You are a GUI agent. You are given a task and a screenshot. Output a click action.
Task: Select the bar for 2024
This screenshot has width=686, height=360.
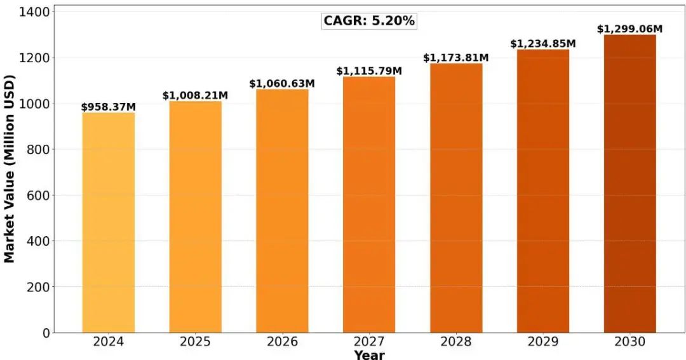109,222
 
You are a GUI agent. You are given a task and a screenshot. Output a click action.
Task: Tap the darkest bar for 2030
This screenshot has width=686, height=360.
629,183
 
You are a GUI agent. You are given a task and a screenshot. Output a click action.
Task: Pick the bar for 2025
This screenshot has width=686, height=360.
196,217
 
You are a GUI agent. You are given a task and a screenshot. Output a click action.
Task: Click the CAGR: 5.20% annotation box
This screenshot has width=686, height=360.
369,21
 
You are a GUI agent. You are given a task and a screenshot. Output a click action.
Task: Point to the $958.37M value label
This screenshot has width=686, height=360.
109,107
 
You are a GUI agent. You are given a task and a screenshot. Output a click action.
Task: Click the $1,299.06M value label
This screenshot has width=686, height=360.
629,29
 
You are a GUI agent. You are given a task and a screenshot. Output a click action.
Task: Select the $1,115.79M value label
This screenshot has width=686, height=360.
369,70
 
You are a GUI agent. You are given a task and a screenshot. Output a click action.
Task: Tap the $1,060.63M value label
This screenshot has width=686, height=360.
282,84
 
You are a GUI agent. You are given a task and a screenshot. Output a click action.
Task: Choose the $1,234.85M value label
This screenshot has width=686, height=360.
543,44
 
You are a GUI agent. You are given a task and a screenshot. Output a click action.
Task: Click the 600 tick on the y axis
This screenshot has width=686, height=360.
37,195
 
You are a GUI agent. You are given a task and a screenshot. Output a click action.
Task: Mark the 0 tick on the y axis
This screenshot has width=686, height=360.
46,333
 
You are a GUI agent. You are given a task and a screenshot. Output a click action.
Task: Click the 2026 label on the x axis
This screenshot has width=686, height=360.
282,342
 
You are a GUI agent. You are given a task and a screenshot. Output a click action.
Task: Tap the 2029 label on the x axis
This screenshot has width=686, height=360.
543,342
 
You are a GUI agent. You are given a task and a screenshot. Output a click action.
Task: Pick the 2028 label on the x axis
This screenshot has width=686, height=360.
456,342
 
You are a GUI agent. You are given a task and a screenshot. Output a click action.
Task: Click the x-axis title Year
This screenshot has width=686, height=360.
369,354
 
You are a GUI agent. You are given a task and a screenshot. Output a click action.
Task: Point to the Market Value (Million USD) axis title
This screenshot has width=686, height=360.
10,168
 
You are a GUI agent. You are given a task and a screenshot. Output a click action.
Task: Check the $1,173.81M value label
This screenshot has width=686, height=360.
456,58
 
